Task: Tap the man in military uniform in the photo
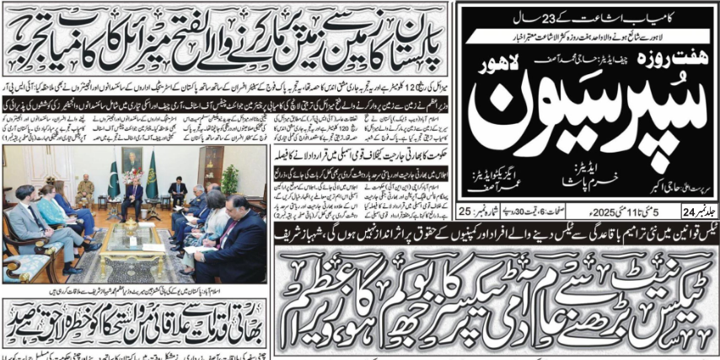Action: (84, 191)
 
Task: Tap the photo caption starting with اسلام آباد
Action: (135, 302)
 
